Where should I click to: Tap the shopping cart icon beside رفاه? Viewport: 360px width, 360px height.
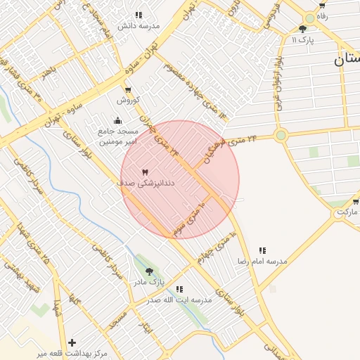(x=321, y=5)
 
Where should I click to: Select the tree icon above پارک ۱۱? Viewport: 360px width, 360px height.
(x=303, y=29)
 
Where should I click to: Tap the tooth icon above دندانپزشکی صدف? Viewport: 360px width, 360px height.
(x=146, y=172)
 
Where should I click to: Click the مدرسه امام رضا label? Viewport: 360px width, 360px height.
(x=262, y=261)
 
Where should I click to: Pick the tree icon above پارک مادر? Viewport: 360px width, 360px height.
(x=149, y=271)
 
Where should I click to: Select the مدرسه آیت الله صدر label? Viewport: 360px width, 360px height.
(x=179, y=300)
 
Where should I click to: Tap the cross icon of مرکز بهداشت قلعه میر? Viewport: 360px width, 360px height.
(x=72, y=342)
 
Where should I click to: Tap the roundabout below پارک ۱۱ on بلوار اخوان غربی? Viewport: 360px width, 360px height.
(x=281, y=134)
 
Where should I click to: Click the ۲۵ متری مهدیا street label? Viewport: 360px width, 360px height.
(x=36, y=246)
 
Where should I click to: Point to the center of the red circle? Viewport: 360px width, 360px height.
(x=180, y=179)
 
